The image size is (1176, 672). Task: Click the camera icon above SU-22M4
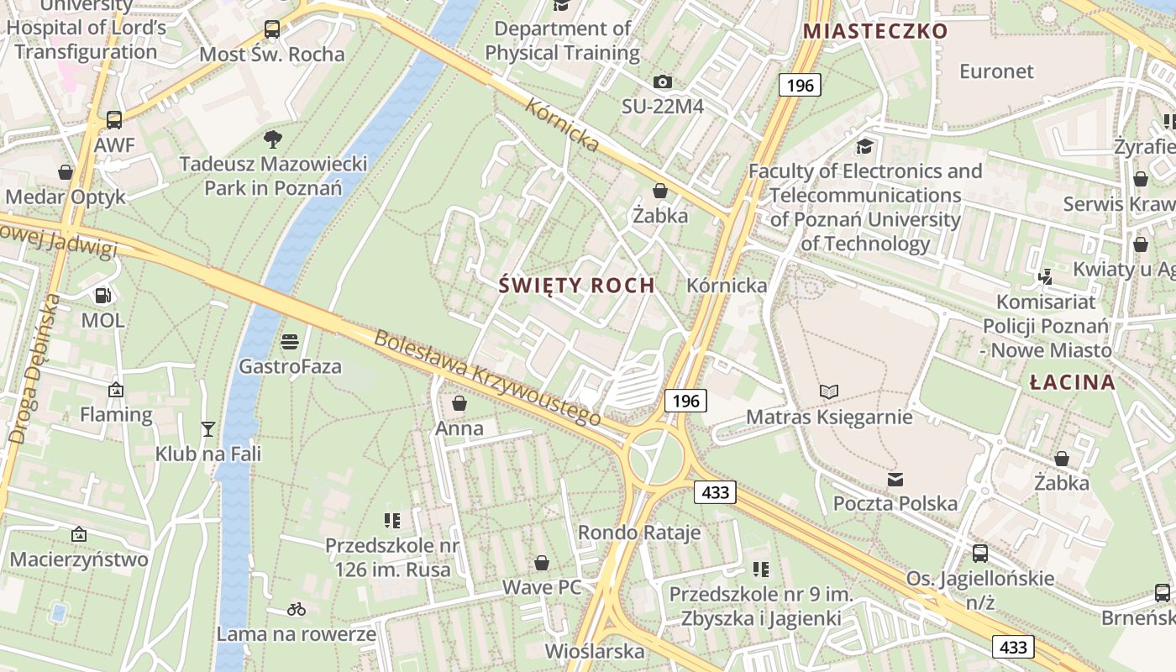coord(663,81)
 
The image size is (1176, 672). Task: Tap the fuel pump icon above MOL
coord(102,295)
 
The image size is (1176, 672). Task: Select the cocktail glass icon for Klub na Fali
coord(208,429)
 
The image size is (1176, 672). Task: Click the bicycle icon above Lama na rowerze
coord(297,609)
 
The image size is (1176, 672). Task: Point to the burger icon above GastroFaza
coord(290,342)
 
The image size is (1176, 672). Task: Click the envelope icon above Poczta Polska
coord(895,480)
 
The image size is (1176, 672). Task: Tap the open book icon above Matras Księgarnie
coord(829,391)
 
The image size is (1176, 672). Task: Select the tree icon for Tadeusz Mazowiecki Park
coord(272,139)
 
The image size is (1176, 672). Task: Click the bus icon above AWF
coord(114,120)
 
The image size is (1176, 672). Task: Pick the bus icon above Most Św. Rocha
coord(272,29)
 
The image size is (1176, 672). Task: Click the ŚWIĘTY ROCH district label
coord(576,286)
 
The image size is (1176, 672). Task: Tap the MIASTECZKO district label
coord(875,32)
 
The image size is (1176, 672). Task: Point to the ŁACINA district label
coord(1073,383)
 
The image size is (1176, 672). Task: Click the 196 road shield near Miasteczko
coord(800,85)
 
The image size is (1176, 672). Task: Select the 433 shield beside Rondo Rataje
coord(715,492)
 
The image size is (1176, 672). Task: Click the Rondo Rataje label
coord(639,533)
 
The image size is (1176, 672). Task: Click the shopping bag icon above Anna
coord(459,404)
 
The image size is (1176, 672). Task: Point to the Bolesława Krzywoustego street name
coord(487,378)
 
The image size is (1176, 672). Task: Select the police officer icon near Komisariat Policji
coord(1046,276)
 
